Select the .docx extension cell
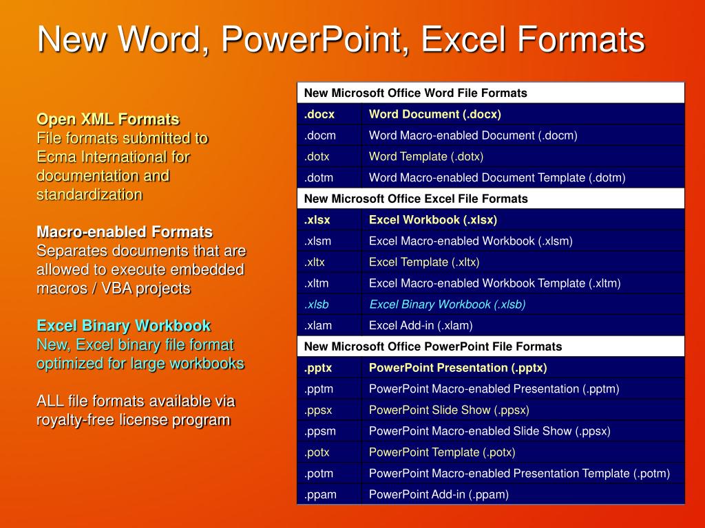pos(319,114)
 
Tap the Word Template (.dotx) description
pos(425,157)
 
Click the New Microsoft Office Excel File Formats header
pos(416,199)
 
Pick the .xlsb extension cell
pos(317,304)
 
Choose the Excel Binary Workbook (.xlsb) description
pos(448,304)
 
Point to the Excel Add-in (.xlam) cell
pos(421,325)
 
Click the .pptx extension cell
pos(319,368)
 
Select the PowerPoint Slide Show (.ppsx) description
pos(449,410)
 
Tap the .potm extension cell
pos(319,473)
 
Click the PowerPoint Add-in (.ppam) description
pos(439,494)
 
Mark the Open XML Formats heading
pos(107,120)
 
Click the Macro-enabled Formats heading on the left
pos(124,232)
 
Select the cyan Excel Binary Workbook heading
pos(123,326)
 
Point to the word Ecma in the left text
pos(54,157)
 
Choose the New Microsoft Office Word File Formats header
pos(415,93)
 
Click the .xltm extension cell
pos(319,283)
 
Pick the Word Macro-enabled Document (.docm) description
pos(473,135)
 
